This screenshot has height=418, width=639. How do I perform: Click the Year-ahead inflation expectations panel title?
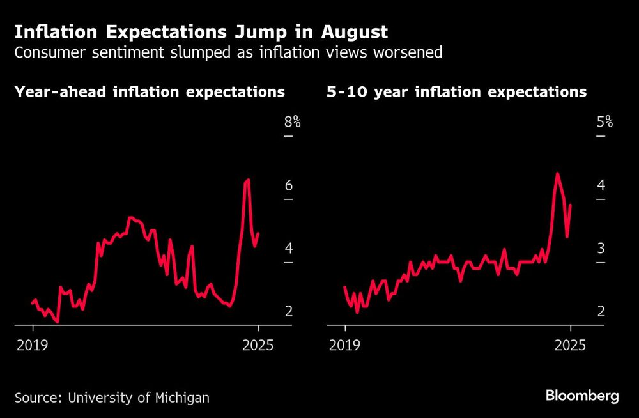[x=150, y=92]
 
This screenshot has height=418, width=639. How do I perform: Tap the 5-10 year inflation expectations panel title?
[x=456, y=92]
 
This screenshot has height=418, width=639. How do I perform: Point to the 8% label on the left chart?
[x=292, y=121]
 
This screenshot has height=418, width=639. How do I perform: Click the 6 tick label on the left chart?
[x=288, y=185]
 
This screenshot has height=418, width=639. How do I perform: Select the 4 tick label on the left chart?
[x=288, y=248]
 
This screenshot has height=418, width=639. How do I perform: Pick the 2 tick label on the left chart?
[x=288, y=311]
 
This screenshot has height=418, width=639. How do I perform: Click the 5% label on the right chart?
[x=604, y=121]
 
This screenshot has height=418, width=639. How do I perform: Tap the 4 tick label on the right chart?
[x=601, y=185]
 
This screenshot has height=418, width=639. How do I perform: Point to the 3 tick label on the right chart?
[x=601, y=248]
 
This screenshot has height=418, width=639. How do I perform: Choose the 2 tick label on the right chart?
[x=601, y=311]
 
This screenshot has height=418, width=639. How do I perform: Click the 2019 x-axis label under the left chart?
[x=33, y=345]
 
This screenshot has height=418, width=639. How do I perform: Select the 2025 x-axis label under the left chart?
[x=258, y=345]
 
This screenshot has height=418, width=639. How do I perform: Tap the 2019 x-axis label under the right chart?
[x=345, y=345]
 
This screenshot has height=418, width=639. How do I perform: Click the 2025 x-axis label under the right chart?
[x=571, y=345]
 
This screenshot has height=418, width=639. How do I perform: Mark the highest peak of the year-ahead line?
[x=247, y=180]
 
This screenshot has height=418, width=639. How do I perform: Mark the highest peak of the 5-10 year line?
[x=557, y=173]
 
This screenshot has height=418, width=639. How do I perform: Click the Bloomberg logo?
[x=582, y=396]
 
